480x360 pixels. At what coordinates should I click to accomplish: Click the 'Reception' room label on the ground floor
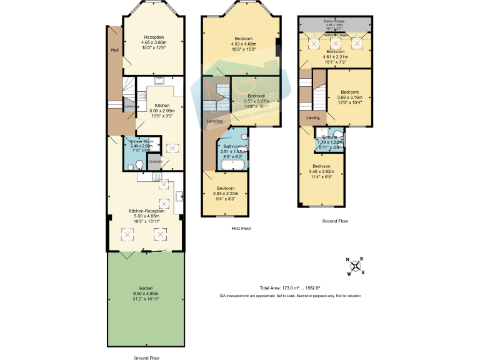click(x=154, y=37)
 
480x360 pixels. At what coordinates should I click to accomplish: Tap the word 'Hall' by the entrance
click(x=114, y=50)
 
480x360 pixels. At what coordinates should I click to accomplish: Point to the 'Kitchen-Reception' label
click(x=146, y=211)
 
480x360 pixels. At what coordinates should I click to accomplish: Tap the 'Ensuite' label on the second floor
click(x=329, y=137)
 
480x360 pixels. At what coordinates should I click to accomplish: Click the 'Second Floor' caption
click(x=335, y=221)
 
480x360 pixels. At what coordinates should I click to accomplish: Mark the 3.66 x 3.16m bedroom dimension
click(x=349, y=97)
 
